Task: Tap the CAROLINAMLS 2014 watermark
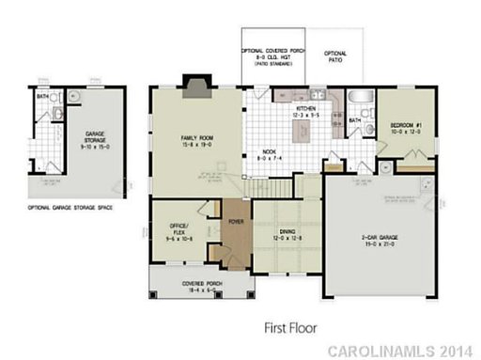click(402, 351)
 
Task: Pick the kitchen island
click(303, 134)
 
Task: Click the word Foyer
click(235, 223)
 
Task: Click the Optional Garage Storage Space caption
click(71, 205)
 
